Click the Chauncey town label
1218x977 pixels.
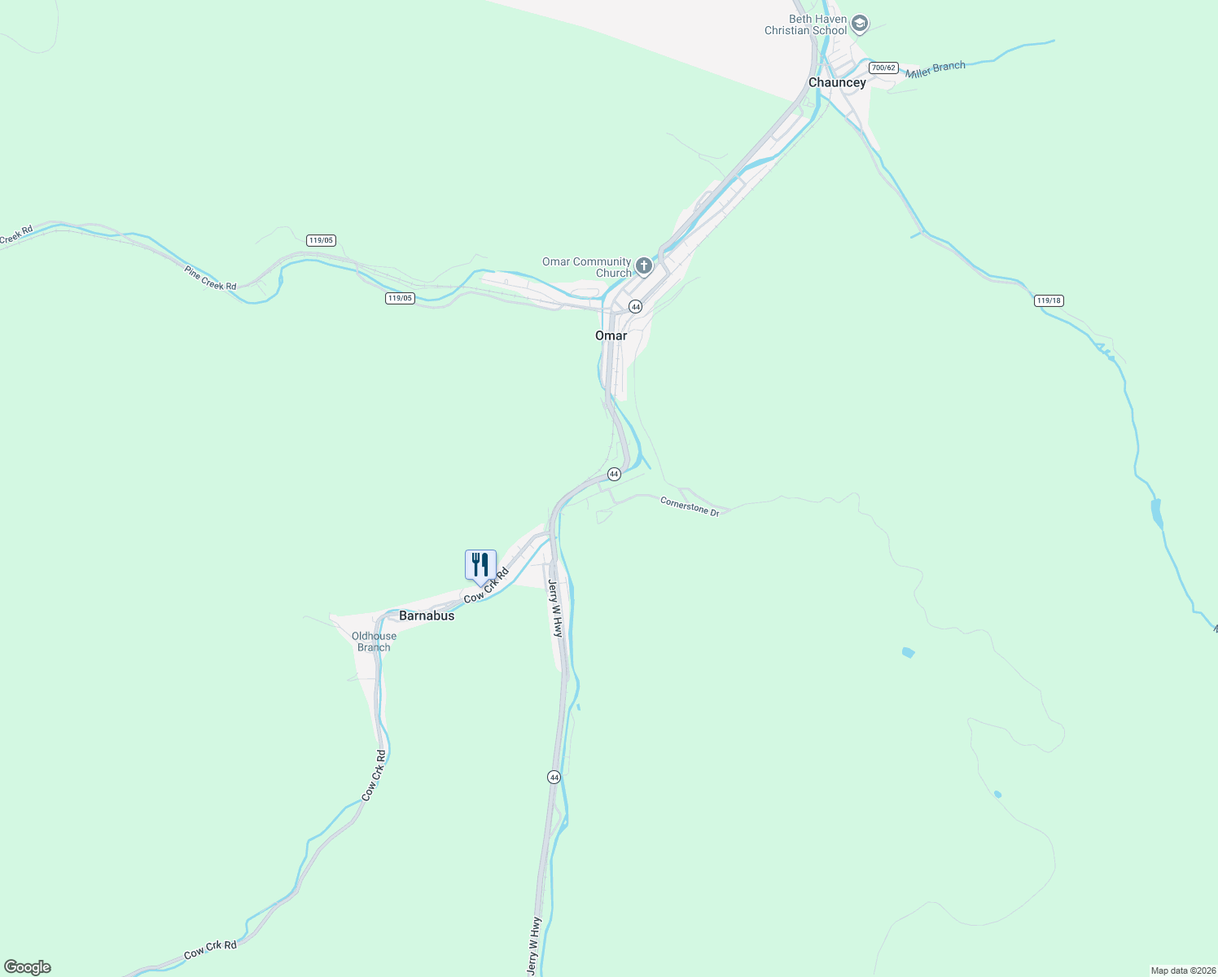coord(837,82)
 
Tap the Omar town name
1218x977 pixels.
coord(611,335)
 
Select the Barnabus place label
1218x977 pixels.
coord(427,616)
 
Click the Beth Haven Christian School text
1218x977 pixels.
coord(805,24)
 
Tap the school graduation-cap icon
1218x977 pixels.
coord(860,24)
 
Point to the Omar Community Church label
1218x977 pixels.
coord(586,267)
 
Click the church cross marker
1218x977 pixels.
coord(644,265)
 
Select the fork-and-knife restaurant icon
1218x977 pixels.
coord(480,564)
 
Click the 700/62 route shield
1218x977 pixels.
coord(883,68)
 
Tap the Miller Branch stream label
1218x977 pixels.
coord(935,70)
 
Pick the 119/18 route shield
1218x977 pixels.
coord(1049,300)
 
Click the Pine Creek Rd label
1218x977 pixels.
coord(210,278)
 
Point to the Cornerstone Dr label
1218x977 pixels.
coord(690,506)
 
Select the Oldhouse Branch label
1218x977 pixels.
coord(374,642)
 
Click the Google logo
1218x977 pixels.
coord(27,967)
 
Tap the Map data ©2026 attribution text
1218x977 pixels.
coord(1181,970)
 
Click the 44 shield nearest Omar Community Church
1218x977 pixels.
coord(635,307)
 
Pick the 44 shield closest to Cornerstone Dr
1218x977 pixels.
coord(614,474)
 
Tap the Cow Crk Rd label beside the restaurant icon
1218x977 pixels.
coord(486,585)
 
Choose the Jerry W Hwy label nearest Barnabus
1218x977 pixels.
coord(555,607)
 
